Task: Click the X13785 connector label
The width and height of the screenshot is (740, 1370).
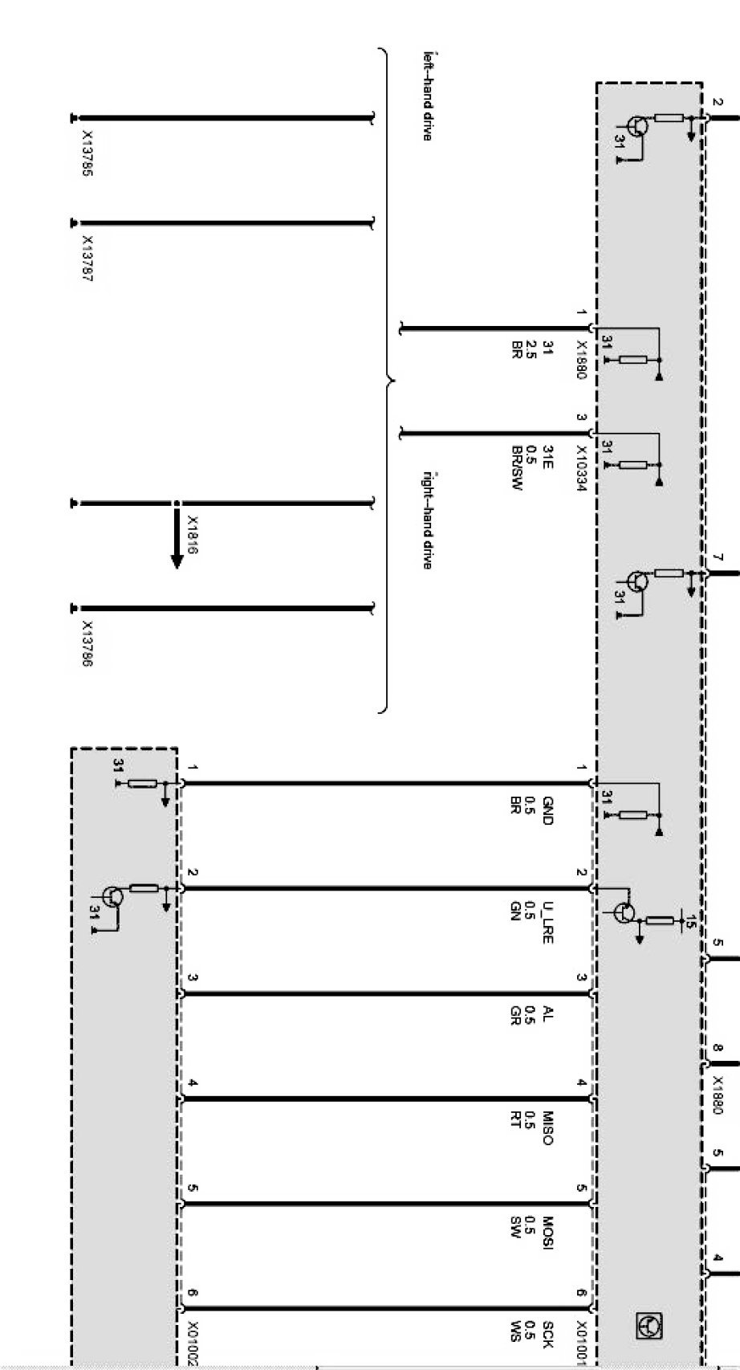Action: tap(87, 155)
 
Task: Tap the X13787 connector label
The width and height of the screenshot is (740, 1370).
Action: tap(87, 259)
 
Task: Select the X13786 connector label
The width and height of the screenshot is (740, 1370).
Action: tap(87, 645)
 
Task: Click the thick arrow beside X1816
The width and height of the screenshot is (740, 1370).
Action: tap(177, 537)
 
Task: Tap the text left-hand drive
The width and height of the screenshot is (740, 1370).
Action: tap(428, 97)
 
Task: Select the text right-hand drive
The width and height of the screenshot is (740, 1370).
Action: tap(428, 520)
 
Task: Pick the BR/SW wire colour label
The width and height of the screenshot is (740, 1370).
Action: tap(518, 468)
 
